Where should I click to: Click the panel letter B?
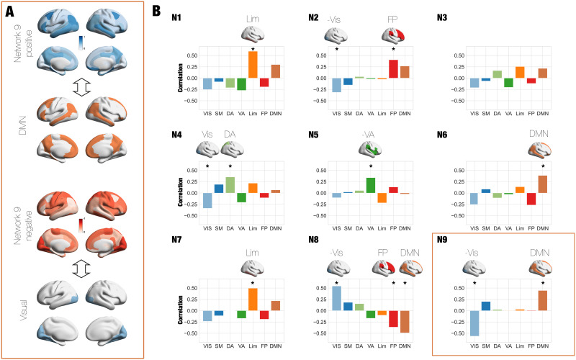click(x=166, y=11)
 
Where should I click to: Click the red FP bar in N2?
click(x=393, y=69)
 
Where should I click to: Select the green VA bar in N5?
click(x=371, y=185)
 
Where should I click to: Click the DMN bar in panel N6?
click(x=542, y=184)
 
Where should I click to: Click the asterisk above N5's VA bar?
click(x=371, y=166)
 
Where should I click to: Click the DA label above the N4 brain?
click(x=230, y=134)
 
